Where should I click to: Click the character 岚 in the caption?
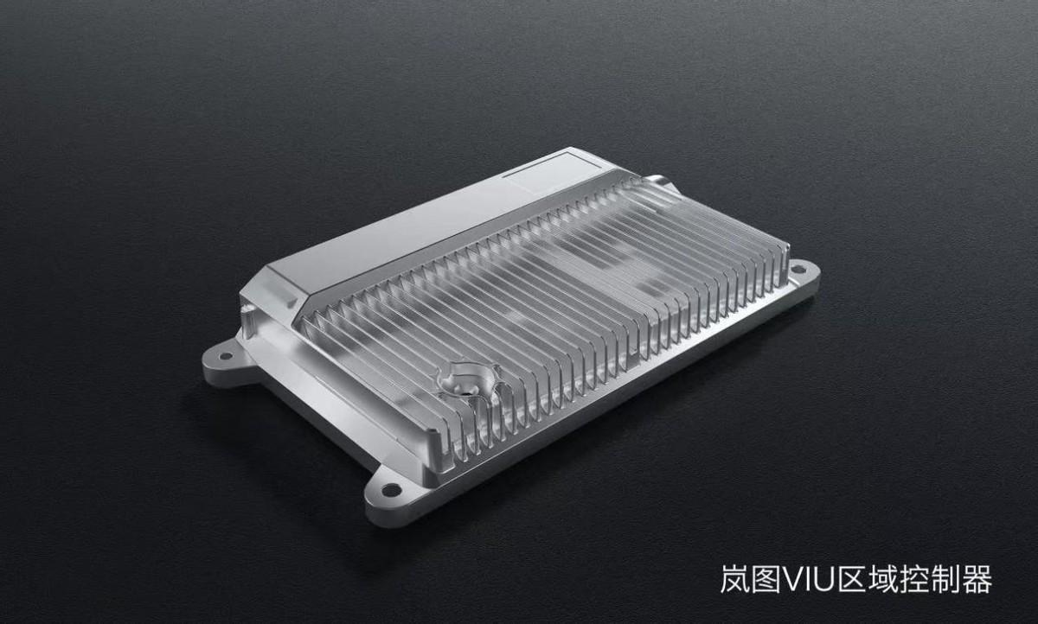(x=735, y=579)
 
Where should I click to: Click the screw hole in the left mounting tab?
(x=226, y=356)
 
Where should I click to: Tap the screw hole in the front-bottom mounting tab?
(x=392, y=489)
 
